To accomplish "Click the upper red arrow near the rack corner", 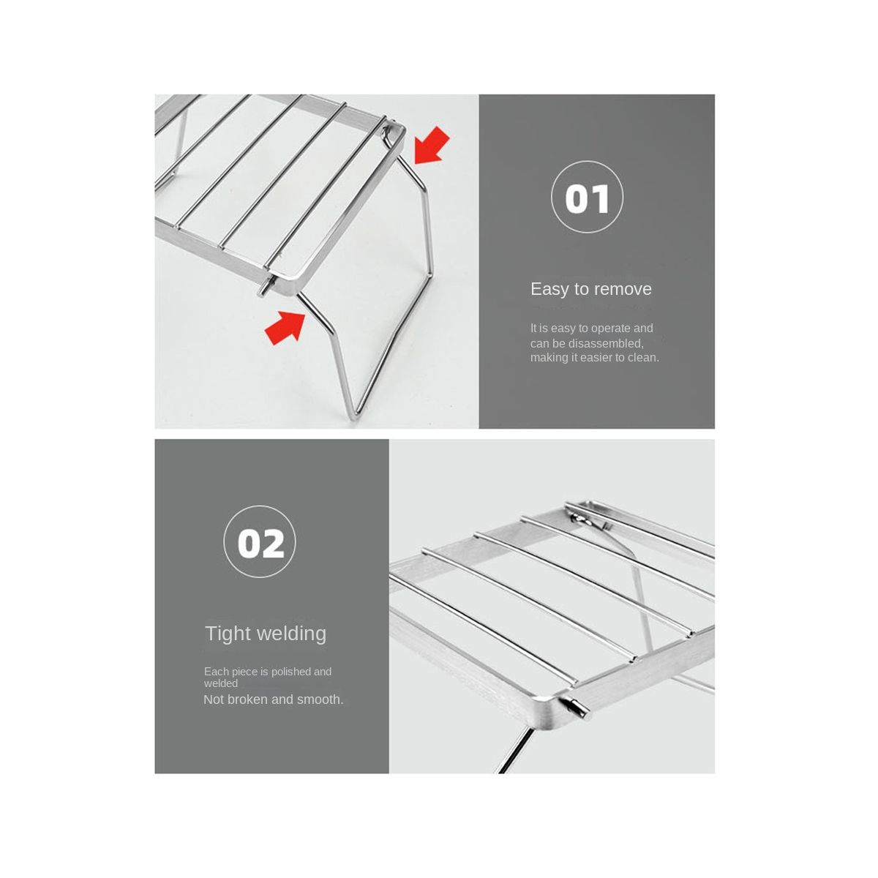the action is (431, 145).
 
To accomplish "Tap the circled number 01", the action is (587, 197).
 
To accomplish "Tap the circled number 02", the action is (260, 541).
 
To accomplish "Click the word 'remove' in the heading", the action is (623, 289).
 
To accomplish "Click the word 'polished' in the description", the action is (290, 672).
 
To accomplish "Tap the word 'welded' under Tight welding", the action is (220, 683).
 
